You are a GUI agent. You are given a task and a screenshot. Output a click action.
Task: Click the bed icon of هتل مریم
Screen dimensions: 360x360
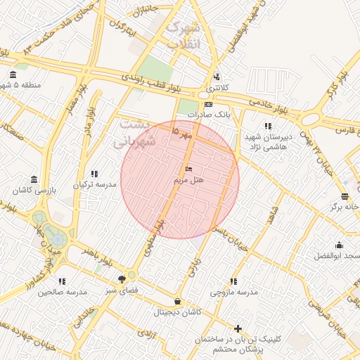click(x=188, y=169)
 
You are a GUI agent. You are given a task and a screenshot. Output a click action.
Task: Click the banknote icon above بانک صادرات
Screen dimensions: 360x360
click(x=209, y=104)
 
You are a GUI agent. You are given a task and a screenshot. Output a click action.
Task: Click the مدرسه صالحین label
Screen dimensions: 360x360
click(x=62, y=291)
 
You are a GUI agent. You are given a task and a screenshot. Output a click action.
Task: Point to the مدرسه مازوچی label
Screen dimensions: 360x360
click(x=234, y=291)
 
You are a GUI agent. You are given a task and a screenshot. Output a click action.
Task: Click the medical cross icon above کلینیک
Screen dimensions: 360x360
click(x=238, y=328)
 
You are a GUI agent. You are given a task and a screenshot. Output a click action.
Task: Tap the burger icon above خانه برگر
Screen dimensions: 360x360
click(x=345, y=196)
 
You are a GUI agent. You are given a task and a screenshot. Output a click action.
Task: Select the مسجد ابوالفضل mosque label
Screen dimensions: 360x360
click(x=340, y=255)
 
